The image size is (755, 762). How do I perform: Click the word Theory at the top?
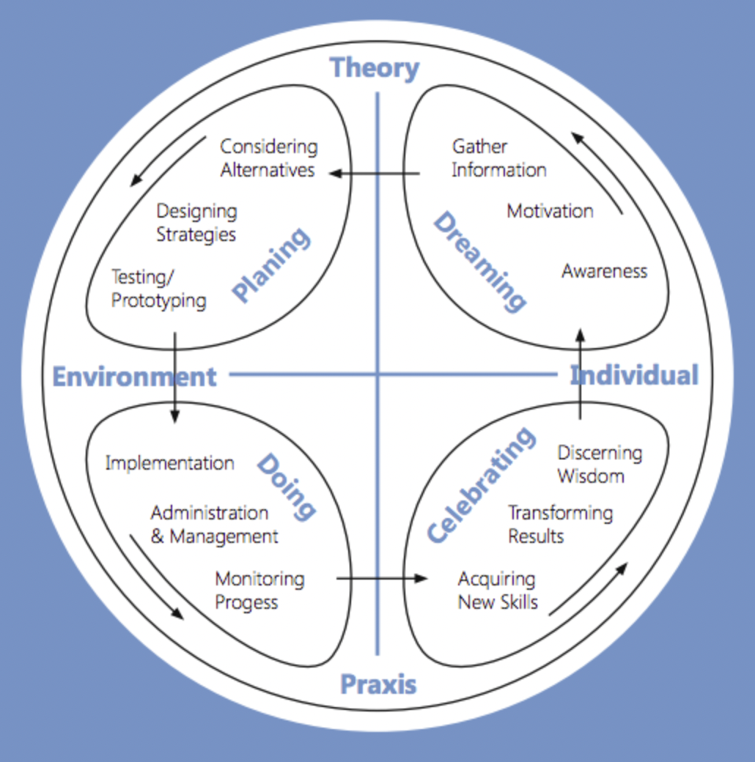375,68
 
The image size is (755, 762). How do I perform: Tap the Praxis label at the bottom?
378,684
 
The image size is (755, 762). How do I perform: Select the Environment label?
135,377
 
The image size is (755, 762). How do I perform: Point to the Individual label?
634,375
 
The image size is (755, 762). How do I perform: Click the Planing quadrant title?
272,265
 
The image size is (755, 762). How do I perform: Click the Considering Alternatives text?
269,158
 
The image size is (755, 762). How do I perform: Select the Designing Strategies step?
196,223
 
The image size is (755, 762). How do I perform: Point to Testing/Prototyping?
159,289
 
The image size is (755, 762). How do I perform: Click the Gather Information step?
498,158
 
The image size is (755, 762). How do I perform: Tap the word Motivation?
550,212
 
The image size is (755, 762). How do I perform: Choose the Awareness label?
605,271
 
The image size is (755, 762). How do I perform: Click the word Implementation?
170,463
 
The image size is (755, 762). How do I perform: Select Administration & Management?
214,525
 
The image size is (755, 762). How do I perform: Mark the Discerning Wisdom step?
600,465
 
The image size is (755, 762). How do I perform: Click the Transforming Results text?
560,525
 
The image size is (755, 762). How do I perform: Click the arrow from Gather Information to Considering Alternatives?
375,174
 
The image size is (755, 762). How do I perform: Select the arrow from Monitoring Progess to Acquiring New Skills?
381,578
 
